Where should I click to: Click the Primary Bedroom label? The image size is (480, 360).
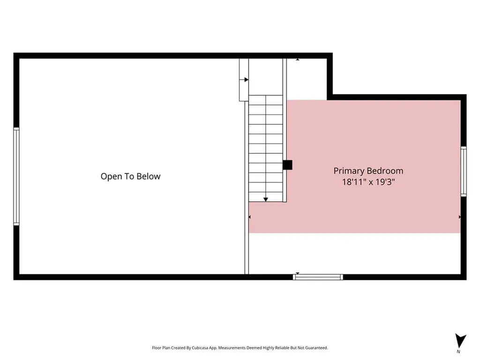click(x=368, y=171)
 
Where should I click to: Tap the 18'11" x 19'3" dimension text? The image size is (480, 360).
click(x=368, y=182)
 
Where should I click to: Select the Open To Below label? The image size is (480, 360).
click(x=130, y=176)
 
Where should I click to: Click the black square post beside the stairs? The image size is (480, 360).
click(x=287, y=165)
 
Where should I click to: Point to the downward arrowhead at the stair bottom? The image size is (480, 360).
click(x=266, y=200)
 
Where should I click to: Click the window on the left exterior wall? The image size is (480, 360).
click(x=16, y=176)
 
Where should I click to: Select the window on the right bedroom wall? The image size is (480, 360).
click(x=464, y=172)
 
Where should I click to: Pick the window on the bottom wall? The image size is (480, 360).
click(x=318, y=277)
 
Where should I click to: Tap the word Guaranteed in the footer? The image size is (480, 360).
click(x=318, y=348)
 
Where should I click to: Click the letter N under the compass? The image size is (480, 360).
click(x=458, y=352)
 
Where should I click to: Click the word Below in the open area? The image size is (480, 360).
click(x=149, y=176)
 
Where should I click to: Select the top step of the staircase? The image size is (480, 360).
click(x=266, y=100)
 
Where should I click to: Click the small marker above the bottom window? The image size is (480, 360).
click(x=297, y=274)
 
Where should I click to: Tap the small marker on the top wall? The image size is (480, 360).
click(x=297, y=59)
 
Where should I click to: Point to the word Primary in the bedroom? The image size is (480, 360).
click(x=349, y=171)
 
